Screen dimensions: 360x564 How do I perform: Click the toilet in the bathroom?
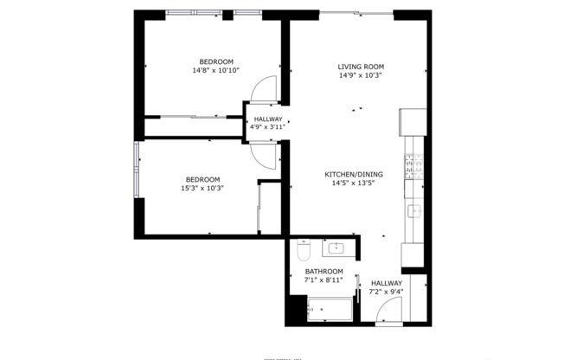302,251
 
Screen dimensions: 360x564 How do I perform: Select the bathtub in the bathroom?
328,309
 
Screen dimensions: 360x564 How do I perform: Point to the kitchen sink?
413,210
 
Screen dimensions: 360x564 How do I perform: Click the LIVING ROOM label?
361,67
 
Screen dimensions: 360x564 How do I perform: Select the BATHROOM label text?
324,271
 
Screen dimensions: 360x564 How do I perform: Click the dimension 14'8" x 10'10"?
215,71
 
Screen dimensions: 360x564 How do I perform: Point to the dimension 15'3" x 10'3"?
202,188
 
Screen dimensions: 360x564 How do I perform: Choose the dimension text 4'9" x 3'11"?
267,127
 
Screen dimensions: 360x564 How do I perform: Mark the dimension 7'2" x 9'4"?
387,292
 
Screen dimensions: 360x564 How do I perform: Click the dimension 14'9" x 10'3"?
361,76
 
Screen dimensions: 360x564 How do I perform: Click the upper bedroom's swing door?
263,88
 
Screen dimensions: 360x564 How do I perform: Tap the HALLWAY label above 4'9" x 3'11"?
267,119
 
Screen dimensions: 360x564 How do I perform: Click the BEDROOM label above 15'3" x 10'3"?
202,178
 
